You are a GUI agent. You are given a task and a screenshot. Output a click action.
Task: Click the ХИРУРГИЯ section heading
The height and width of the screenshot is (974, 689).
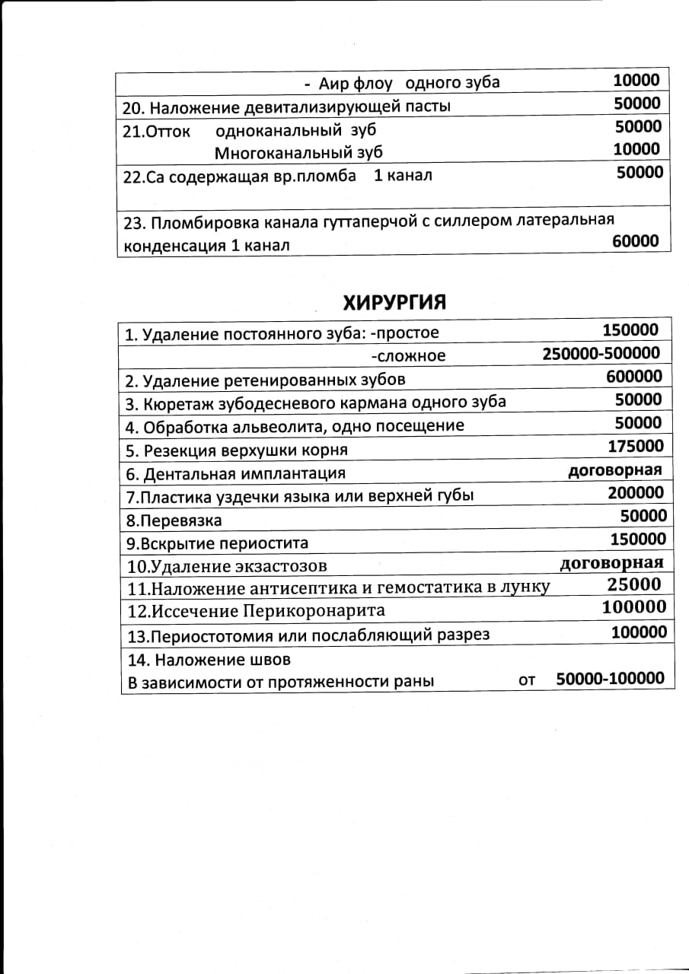point(394,302)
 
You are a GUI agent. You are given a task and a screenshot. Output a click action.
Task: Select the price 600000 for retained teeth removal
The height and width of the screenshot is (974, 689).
point(634,377)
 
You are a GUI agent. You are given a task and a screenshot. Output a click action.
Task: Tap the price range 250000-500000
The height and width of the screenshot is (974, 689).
point(601,354)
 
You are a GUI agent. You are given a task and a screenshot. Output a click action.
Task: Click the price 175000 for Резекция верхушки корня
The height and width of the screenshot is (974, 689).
point(636,446)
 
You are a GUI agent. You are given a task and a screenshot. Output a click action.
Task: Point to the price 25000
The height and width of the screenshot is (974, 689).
point(634,584)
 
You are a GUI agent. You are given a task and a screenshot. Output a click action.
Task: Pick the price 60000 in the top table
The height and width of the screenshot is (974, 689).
point(636,241)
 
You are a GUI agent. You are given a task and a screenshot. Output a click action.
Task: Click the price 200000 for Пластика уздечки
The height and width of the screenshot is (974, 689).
point(636,492)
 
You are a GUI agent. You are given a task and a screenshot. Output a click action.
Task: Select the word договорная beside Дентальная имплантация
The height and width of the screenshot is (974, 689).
point(615,469)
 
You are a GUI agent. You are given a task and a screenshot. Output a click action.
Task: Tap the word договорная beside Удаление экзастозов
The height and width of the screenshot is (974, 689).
point(611,563)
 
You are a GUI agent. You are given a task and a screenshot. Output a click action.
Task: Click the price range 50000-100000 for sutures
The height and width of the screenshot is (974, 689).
point(611,678)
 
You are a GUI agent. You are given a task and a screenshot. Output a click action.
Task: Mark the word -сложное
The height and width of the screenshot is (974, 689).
point(408,356)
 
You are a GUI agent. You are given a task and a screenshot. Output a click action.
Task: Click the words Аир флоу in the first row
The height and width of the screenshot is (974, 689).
point(356,83)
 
